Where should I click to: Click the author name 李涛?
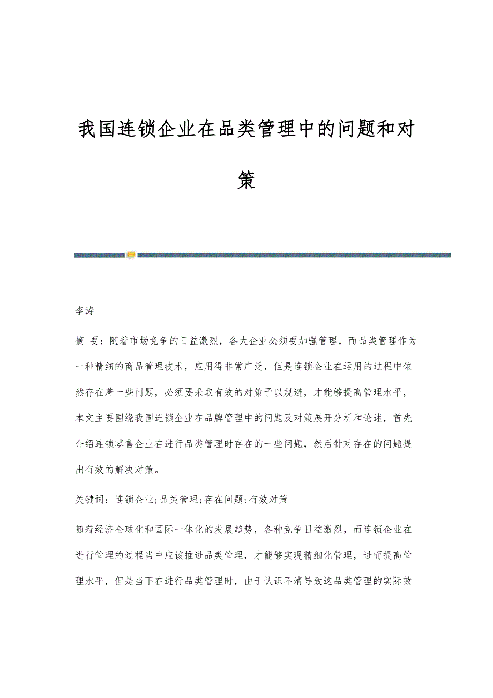click(x=84, y=311)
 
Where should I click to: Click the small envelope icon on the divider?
click(x=131, y=255)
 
